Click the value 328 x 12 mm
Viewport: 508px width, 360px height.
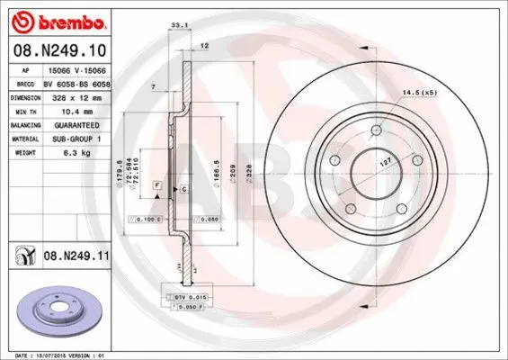coord(76,96)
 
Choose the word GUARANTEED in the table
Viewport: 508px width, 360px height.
coord(76,126)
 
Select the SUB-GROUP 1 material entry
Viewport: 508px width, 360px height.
coord(76,140)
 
